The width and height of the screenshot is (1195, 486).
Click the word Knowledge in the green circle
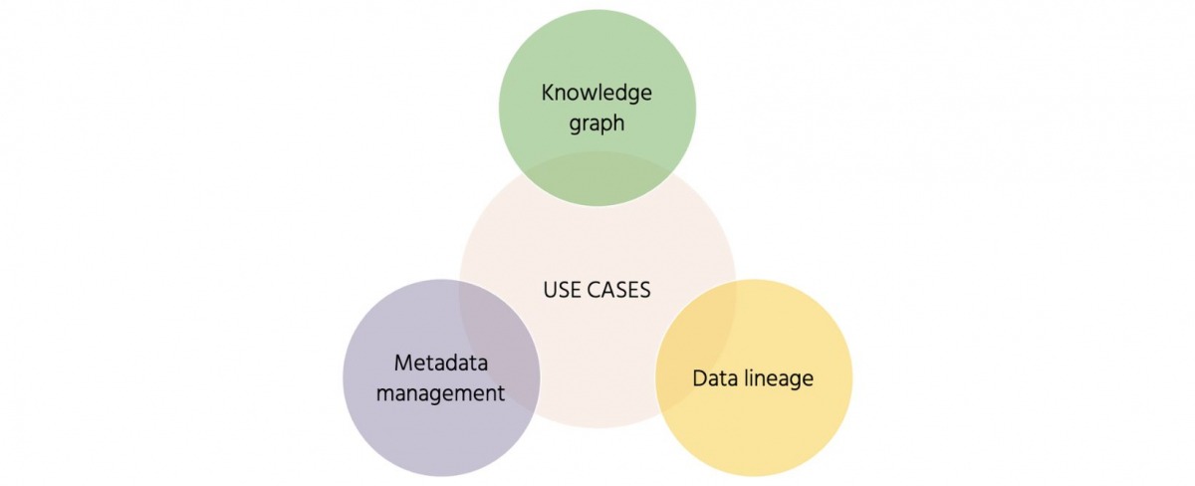coord(597,93)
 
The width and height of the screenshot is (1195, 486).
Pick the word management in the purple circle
coord(441,392)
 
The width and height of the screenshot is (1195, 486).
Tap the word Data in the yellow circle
coord(713,378)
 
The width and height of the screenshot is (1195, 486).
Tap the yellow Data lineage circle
coord(777,428)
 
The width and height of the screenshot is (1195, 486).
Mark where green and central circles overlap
coord(597,179)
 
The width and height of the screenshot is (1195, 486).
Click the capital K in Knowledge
coord(547,93)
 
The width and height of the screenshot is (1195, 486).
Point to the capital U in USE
coord(550,290)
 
